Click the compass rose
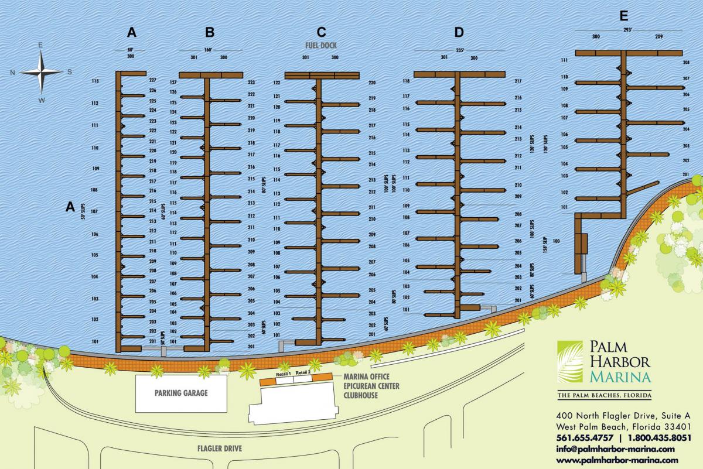pyautogui.click(x=40, y=72)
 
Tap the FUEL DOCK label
pyautogui.click(x=319, y=45)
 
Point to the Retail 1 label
pyautogui.click(x=284, y=374)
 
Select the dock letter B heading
pyautogui.click(x=210, y=32)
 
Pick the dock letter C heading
pyautogui.click(x=320, y=32)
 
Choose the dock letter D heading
pyautogui.click(x=459, y=32)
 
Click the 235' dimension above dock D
pyautogui.click(x=459, y=50)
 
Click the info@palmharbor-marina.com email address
pyautogui.click(x=615, y=449)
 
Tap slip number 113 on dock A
pyautogui.click(x=95, y=81)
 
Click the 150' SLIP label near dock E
pyautogui.click(x=545, y=245)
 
